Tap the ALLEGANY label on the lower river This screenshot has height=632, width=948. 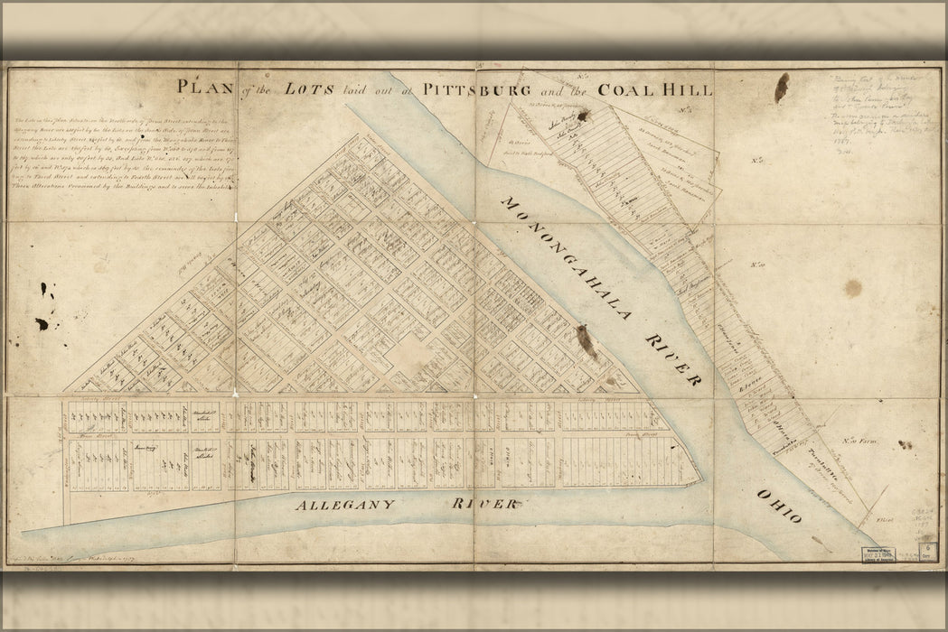point(344,505)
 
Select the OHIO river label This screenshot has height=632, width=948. point(779,507)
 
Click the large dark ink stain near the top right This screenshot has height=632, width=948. point(781,87)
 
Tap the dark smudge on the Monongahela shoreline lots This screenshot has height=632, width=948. point(587,340)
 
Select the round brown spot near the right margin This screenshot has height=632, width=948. point(851,288)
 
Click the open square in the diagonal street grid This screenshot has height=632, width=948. point(411,355)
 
